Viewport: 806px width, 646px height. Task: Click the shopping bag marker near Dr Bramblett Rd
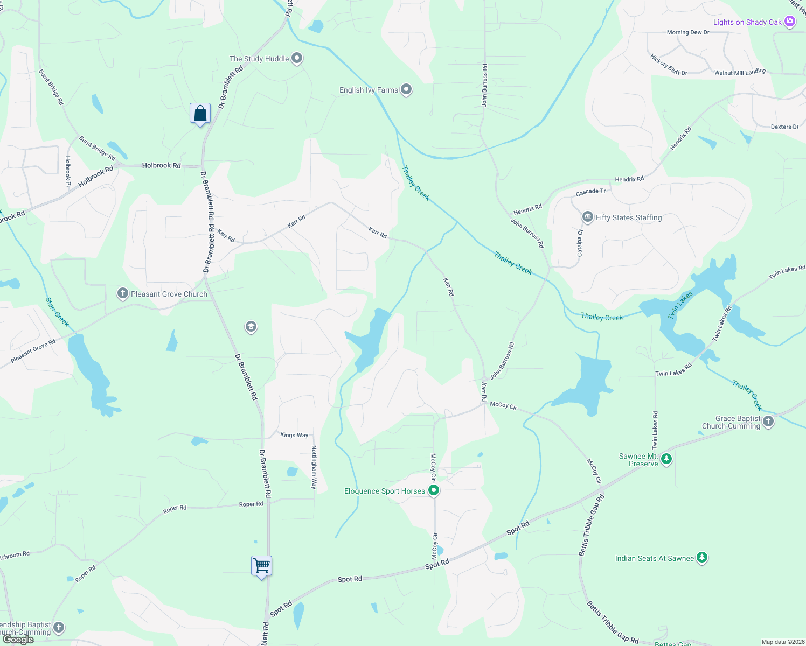(200, 114)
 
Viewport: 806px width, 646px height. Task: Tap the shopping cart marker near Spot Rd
(261, 566)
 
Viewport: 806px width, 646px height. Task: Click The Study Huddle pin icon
(297, 59)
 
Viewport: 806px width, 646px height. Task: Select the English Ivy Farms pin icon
(406, 90)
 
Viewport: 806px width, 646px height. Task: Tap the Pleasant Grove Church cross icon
(123, 294)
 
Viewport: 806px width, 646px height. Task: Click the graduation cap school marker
(251, 327)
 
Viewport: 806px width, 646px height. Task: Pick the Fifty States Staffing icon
(587, 217)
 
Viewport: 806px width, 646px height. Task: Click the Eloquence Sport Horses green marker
(434, 490)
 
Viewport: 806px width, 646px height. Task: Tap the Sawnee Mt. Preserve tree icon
(666, 459)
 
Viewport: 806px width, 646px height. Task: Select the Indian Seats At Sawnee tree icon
(701, 558)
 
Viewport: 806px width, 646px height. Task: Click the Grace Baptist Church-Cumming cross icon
(768, 422)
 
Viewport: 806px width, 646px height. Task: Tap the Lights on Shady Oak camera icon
(790, 22)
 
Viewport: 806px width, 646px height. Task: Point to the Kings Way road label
(294, 435)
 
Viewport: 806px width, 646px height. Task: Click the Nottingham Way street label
(314, 467)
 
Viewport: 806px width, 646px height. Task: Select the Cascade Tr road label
(590, 192)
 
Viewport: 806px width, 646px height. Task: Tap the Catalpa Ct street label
(580, 243)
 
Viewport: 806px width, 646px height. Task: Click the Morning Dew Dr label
(688, 32)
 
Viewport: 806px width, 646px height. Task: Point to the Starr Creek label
(58, 312)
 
